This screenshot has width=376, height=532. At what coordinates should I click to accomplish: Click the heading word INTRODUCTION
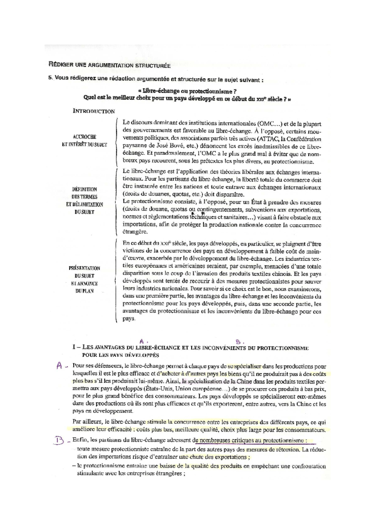click(x=94, y=111)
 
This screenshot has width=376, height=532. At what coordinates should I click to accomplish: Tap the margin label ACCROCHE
click(x=84, y=137)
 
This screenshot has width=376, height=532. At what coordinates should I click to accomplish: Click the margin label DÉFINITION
click(x=85, y=189)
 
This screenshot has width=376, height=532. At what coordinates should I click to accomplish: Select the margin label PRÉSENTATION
click(x=84, y=268)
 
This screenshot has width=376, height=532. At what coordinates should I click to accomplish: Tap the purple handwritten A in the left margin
click(x=59, y=366)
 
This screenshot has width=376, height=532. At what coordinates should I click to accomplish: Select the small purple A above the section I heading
click(x=142, y=341)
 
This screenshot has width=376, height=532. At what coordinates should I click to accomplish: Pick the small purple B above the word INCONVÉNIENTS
click(x=238, y=342)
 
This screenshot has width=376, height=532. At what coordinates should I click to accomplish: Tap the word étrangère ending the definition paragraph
click(x=135, y=232)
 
